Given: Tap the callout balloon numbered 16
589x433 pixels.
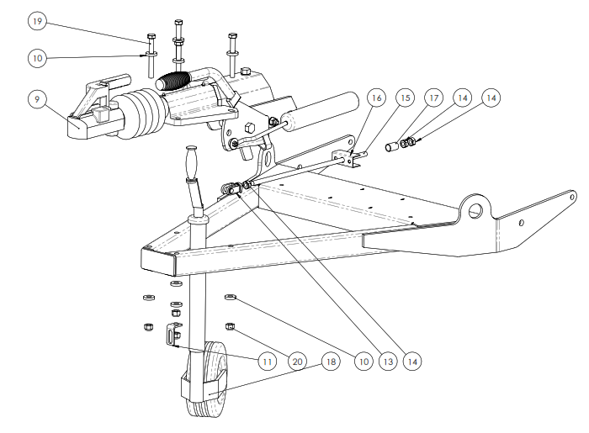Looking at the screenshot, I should click(375, 98).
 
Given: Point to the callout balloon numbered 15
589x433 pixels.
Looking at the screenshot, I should click(406, 98).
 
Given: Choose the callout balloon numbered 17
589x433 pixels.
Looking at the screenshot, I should click(435, 98).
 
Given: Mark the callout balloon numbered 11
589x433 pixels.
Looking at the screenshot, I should click(267, 362).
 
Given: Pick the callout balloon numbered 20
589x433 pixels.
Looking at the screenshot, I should click(296, 362).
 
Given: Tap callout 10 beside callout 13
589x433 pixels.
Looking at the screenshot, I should click(363, 362).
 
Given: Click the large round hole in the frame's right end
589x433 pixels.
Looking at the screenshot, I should click(479, 206).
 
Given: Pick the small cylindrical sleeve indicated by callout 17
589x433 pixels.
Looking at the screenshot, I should click(390, 147).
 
